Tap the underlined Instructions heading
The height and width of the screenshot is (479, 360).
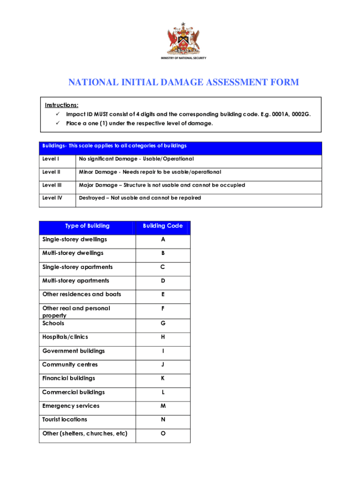click(61, 105)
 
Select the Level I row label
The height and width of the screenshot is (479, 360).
click(51, 159)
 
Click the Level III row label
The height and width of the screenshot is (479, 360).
click(52, 185)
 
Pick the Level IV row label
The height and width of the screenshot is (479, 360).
click(52, 198)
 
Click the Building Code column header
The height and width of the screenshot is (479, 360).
click(163, 226)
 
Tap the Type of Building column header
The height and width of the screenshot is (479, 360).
click(87, 226)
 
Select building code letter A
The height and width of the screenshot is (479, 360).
click(163, 239)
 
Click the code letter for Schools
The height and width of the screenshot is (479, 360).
click(163, 324)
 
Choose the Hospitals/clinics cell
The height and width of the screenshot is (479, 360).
click(65, 337)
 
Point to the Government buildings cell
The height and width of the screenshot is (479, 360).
click(73, 351)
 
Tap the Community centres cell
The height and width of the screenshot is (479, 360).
click(70, 365)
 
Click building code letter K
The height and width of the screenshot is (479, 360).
click(163, 378)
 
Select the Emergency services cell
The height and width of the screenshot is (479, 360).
click(71, 406)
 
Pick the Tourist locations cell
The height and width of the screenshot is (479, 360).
click(65, 420)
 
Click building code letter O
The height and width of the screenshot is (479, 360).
click(163, 434)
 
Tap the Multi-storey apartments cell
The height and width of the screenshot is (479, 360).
click(76, 281)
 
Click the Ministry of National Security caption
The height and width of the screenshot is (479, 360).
click(183, 58)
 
